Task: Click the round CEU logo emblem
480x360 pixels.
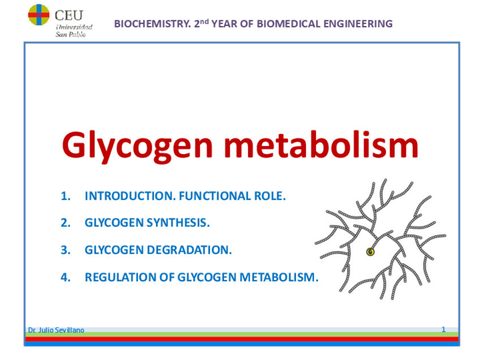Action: (x=38, y=14)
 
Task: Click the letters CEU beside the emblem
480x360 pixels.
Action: (x=69, y=15)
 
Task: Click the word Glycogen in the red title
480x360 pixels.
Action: (x=137, y=145)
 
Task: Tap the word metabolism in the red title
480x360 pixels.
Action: (x=322, y=144)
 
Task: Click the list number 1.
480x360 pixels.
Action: (x=66, y=196)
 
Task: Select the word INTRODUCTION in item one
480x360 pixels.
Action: (x=130, y=196)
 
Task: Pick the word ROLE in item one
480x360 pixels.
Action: (x=270, y=196)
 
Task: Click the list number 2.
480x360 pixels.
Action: (x=66, y=223)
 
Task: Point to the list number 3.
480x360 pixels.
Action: (x=66, y=250)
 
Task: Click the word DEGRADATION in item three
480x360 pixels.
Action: (x=190, y=250)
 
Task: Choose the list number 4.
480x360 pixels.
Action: (x=66, y=277)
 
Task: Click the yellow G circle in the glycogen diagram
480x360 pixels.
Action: (x=370, y=252)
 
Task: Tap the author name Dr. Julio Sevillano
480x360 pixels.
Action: (x=56, y=330)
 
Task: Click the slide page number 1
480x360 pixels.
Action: (x=444, y=329)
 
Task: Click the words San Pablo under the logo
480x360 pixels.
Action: (x=70, y=35)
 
